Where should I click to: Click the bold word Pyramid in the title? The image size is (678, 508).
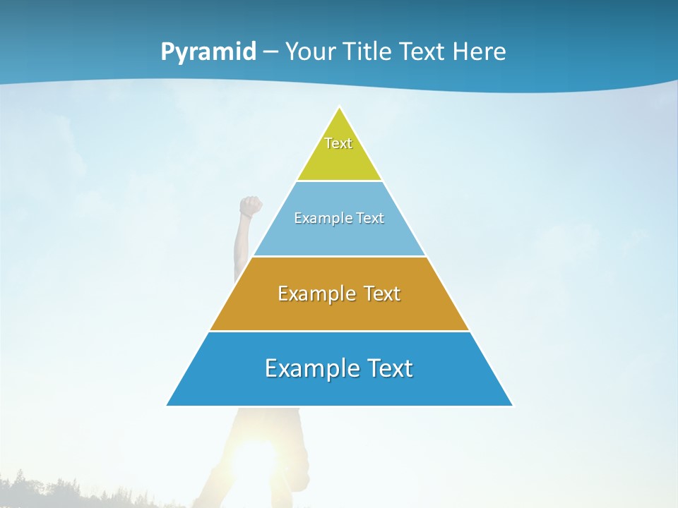(x=208, y=52)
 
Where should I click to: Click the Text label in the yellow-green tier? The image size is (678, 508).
(x=338, y=143)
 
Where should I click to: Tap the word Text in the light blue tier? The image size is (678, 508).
(x=370, y=219)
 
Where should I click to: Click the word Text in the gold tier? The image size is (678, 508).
(x=381, y=294)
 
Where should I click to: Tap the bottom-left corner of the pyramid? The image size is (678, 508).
(x=168, y=405)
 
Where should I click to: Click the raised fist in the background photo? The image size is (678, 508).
(x=250, y=206)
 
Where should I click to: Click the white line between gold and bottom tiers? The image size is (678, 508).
(x=339, y=331)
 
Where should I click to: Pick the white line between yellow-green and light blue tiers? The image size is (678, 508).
(x=339, y=181)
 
